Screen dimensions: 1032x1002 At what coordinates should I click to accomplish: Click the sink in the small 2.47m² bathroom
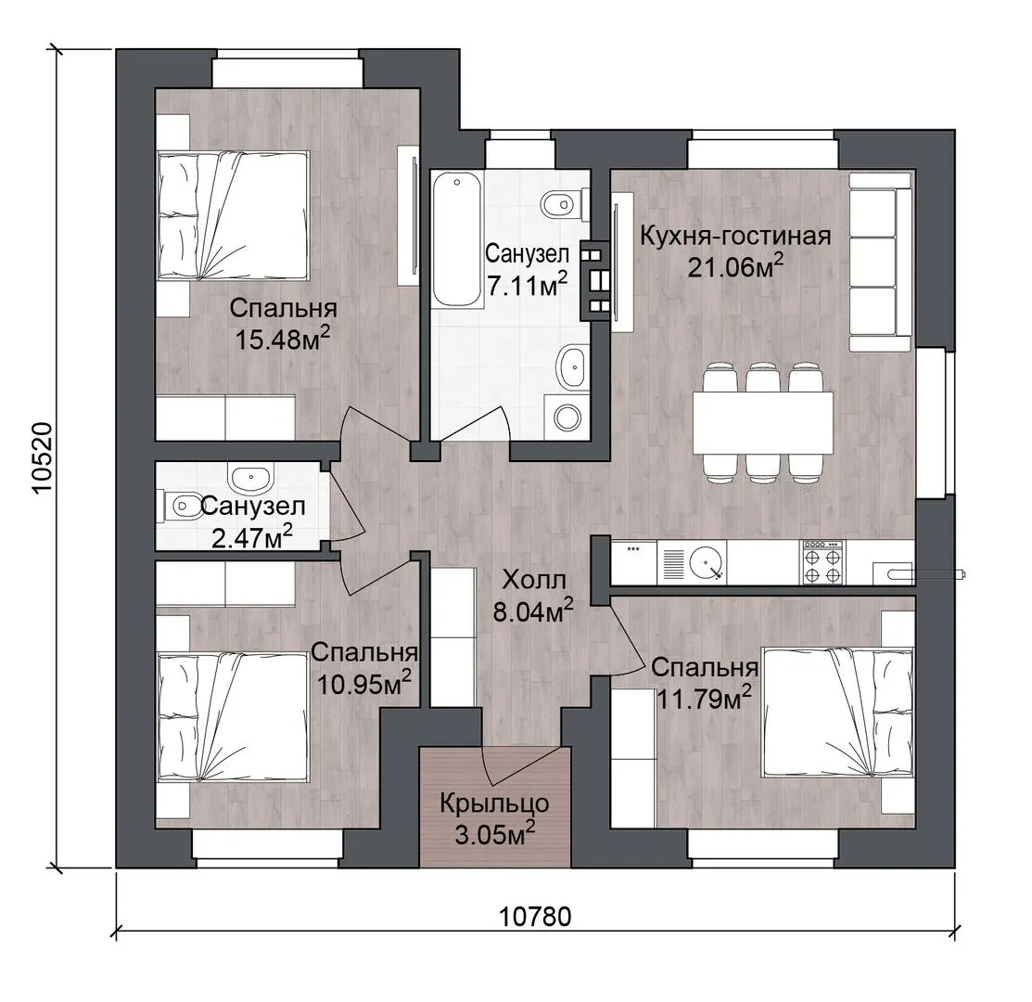(249, 477)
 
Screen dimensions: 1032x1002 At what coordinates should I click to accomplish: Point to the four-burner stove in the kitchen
(822, 562)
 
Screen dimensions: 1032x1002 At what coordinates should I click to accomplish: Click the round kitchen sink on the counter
(707, 563)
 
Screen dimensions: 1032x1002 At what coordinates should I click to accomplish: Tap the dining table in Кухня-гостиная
(763, 422)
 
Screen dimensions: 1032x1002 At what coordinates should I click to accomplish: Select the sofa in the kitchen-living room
(880, 262)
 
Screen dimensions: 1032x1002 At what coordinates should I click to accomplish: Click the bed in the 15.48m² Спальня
(234, 216)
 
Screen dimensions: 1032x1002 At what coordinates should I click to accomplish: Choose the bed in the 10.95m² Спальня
(234, 717)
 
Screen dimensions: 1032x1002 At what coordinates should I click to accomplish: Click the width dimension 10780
(534, 917)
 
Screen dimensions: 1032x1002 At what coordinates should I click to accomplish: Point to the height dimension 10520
(42, 457)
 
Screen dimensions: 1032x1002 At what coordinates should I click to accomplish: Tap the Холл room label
(534, 581)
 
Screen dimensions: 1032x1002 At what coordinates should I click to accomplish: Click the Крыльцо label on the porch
(494, 803)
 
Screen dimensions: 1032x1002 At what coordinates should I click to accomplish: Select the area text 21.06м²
(736, 266)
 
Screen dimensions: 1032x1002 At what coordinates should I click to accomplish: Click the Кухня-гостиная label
(735, 236)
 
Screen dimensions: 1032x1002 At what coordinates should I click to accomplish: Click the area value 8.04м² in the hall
(534, 611)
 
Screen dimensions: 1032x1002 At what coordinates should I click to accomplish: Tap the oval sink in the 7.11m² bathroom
(570, 366)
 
